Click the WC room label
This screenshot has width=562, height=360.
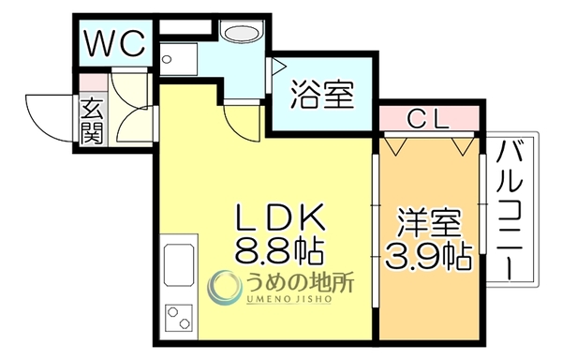point(114,43)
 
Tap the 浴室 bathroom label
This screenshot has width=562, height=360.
point(322,95)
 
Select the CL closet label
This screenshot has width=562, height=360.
point(428,120)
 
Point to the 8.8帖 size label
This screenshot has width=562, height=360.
point(279,250)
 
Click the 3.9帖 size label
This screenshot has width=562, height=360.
point(428,256)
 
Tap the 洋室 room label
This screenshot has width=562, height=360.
point(429,223)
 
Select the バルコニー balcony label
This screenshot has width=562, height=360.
point(509,211)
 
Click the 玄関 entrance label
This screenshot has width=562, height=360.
point(92,121)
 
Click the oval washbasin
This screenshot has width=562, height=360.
point(241,34)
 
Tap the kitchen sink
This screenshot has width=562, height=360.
point(179,264)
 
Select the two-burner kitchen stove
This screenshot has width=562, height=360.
point(179,319)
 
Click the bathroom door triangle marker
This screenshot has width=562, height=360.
point(279,67)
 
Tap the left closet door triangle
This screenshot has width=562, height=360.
point(395,146)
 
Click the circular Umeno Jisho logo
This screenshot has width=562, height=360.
point(223,288)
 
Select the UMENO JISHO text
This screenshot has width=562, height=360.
point(288,299)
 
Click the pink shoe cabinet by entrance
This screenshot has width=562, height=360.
point(93,82)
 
